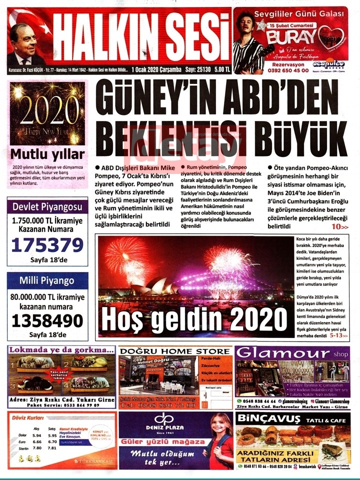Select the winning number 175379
click(x=47, y=245)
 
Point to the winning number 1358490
click(x=47, y=319)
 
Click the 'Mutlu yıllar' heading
click(x=47, y=154)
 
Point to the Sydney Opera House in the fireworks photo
click(x=152, y=287)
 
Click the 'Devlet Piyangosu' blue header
click(x=47, y=206)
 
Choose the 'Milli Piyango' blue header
click(x=47, y=280)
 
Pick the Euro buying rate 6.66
click(x=36, y=442)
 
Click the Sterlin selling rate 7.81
click(x=51, y=448)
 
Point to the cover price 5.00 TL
click(x=220, y=69)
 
